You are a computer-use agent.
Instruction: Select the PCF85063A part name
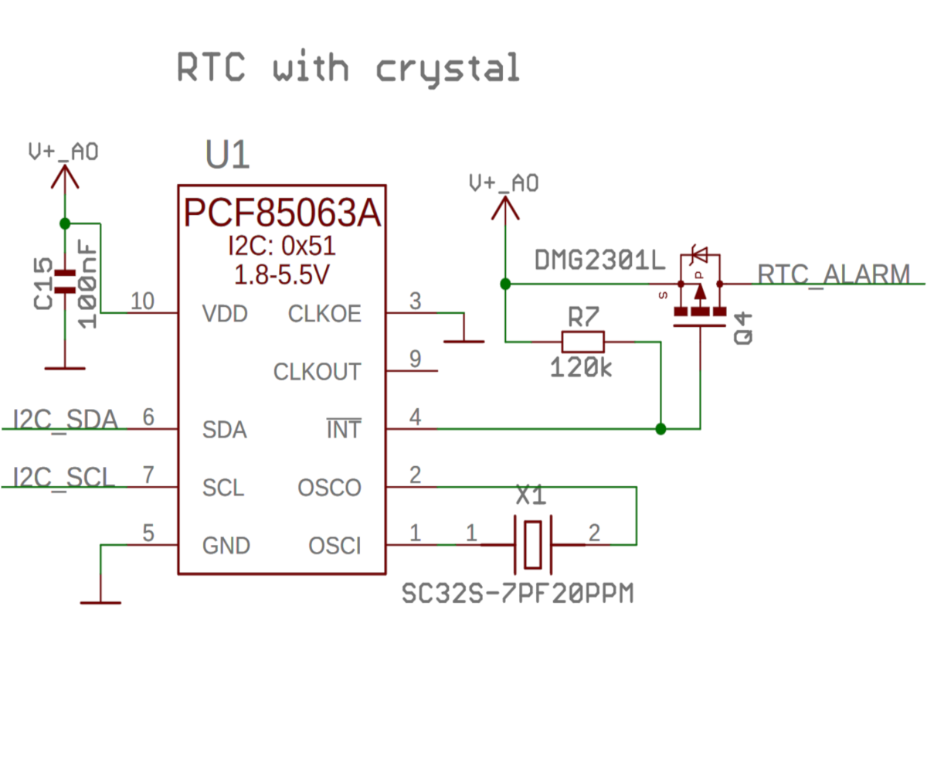point(282,214)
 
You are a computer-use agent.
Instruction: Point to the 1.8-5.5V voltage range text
point(281,274)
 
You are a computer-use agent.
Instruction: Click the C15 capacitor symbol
point(64,282)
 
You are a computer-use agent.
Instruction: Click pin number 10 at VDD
point(142,301)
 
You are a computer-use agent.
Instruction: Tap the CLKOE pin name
point(324,315)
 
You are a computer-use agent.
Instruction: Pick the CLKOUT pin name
point(317,373)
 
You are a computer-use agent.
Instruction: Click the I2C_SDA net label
point(66,420)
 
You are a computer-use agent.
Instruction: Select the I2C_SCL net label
point(65,477)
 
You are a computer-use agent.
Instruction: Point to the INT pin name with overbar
point(343,430)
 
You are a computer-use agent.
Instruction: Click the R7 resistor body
point(582,341)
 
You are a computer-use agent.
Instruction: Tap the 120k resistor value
point(581,368)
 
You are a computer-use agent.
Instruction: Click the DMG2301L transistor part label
point(599,261)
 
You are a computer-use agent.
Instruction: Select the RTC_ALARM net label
point(834,274)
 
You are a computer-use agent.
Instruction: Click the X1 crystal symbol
point(532,544)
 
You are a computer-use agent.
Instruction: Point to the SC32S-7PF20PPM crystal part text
point(518,594)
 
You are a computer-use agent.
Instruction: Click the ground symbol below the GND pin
point(100,601)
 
